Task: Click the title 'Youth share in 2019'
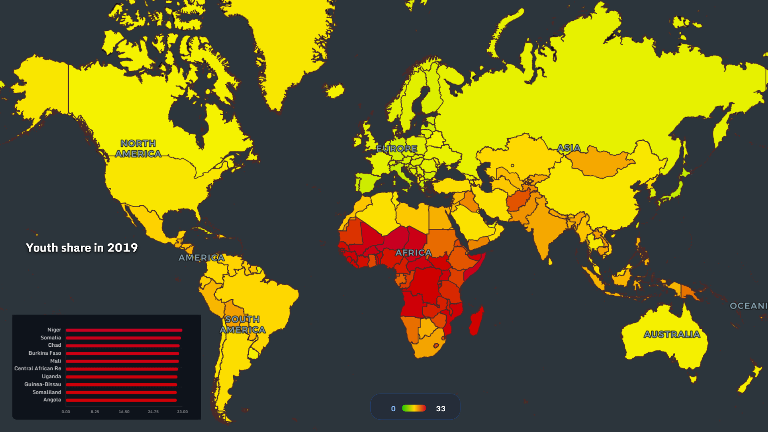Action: pos(82,248)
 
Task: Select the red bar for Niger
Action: pos(124,330)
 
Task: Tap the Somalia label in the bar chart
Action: pos(51,338)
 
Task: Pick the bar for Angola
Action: pos(121,400)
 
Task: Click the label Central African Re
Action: pos(38,368)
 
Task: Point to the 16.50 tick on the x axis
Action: pos(124,412)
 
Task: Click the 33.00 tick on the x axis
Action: pos(182,412)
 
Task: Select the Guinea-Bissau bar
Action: pos(121,384)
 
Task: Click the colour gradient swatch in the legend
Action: pos(414,408)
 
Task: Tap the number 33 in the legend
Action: pos(440,408)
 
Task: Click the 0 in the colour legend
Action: pos(393,408)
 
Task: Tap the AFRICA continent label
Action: pos(414,253)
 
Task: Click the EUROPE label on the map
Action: pos(397,148)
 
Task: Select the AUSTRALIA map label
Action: pos(672,334)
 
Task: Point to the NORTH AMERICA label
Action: pos(138,148)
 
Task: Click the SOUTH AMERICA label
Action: pos(242,324)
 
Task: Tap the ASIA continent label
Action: pos(569,148)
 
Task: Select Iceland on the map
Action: pos(334,90)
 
